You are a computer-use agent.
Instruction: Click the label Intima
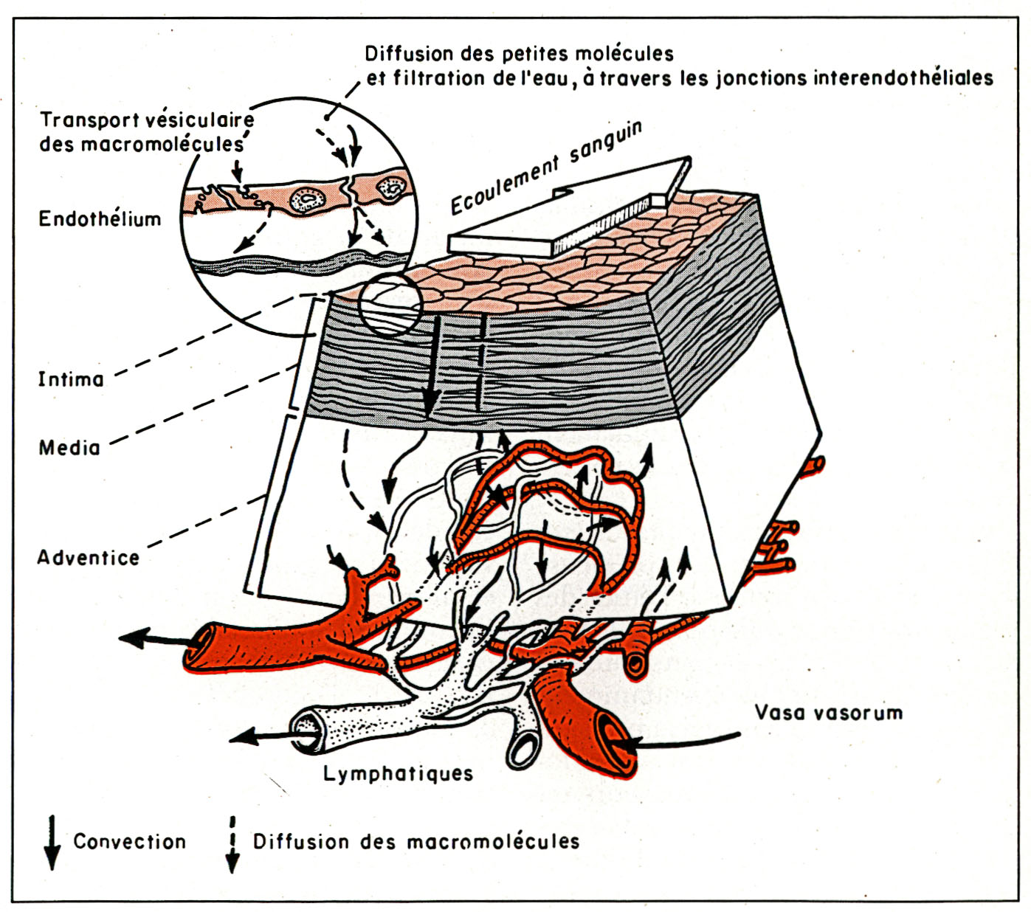click(71, 379)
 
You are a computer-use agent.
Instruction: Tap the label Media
click(69, 447)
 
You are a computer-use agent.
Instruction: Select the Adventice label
click(88, 557)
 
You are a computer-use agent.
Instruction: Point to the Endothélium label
click(100, 219)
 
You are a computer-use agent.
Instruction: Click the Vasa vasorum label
click(828, 713)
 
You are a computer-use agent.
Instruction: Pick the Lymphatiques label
click(398, 773)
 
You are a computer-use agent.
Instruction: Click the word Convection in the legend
click(129, 841)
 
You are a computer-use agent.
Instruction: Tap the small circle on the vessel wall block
click(390, 305)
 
